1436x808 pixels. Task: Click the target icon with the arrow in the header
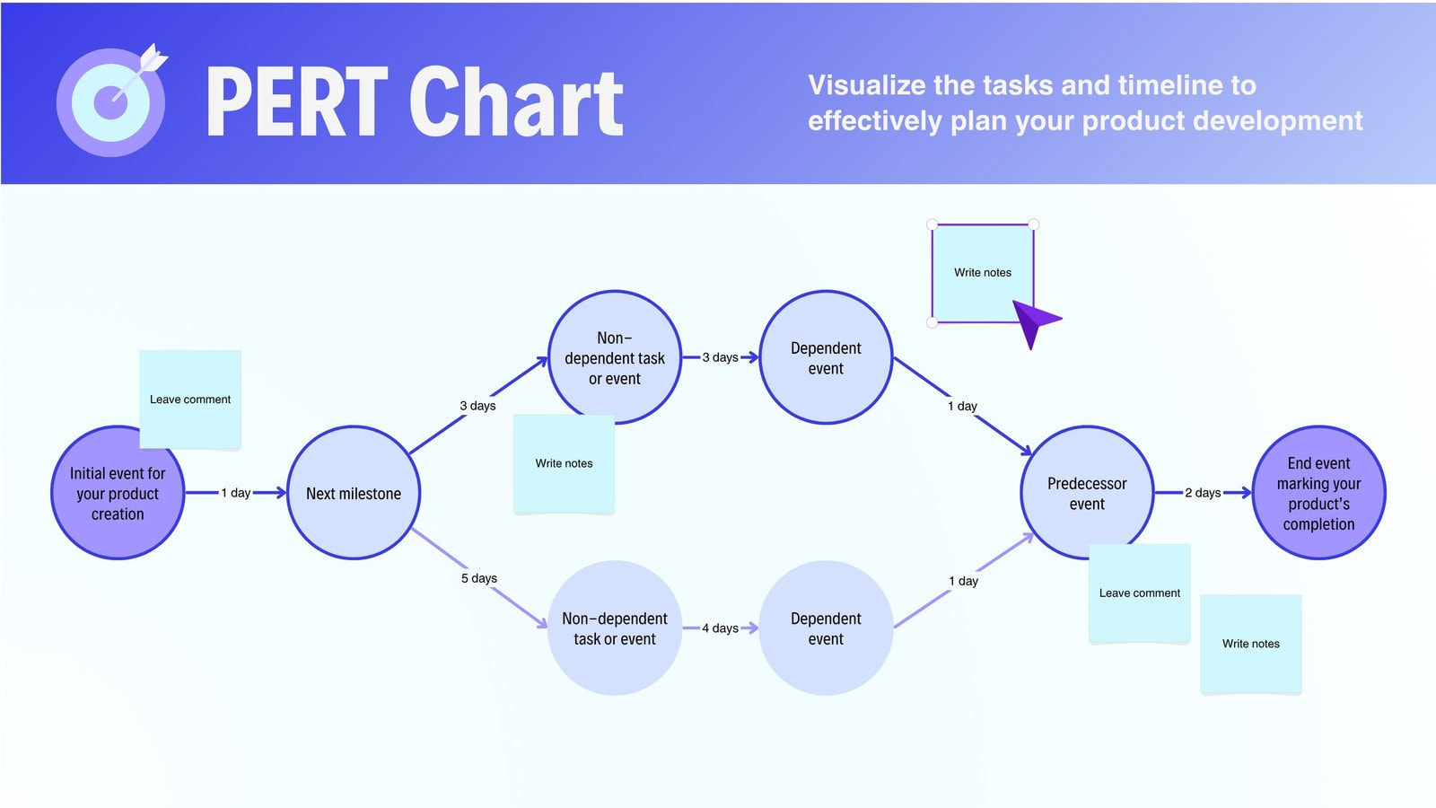pyautogui.click(x=111, y=100)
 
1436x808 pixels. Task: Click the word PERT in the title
pyautogui.click(x=296, y=103)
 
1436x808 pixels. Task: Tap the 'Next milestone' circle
pyautogui.click(x=354, y=493)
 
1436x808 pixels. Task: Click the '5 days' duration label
pyautogui.click(x=479, y=578)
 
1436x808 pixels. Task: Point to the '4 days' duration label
pyautogui.click(x=720, y=628)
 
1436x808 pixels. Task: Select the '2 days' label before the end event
pyautogui.click(x=1203, y=492)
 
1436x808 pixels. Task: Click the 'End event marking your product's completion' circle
pyautogui.click(x=1318, y=493)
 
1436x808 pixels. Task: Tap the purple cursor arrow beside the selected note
pyautogui.click(x=1034, y=321)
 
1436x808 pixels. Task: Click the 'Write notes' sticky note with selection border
pyautogui.click(x=982, y=272)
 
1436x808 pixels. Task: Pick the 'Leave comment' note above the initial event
pyautogui.click(x=190, y=399)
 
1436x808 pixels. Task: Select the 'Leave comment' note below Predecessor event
pyautogui.click(x=1139, y=593)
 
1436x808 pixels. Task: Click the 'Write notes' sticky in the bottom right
pyautogui.click(x=1250, y=643)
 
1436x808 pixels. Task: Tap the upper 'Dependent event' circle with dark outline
pyautogui.click(x=826, y=357)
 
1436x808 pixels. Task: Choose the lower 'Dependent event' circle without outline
pyautogui.click(x=826, y=628)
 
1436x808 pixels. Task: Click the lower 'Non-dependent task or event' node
pyautogui.click(x=615, y=628)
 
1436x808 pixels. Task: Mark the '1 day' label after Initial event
pyautogui.click(x=236, y=492)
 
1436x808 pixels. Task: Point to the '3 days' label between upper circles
pyautogui.click(x=720, y=357)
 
